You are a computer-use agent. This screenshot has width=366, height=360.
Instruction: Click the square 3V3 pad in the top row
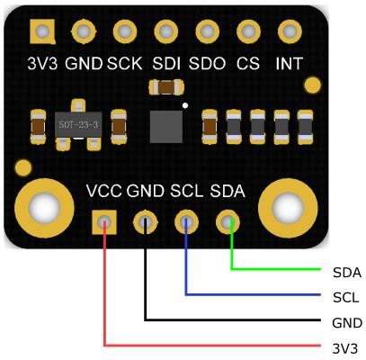pyautogui.click(x=42, y=31)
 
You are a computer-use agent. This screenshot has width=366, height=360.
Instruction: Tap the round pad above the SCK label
pyautogui.click(x=125, y=31)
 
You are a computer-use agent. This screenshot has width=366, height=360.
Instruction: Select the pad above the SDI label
pyautogui.click(x=166, y=31)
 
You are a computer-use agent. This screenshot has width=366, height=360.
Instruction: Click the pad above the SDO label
pyautogui.click(x=208, y=31)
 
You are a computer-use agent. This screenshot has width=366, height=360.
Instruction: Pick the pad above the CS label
pyautogui.click(x=248, y=31)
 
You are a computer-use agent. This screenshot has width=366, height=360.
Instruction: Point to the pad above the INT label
pyautogui.click(x=290, y=31)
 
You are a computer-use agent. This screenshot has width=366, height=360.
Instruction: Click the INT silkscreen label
pyautogui.click(x=289, y=63)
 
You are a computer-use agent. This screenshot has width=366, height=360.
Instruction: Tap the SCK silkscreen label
pyautogui.click(x=124, y=63)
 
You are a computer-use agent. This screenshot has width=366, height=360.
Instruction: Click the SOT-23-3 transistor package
pyautogui.click(x=78, y=125)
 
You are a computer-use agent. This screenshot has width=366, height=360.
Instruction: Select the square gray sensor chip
pyautogui.click(x=166, y=127)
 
